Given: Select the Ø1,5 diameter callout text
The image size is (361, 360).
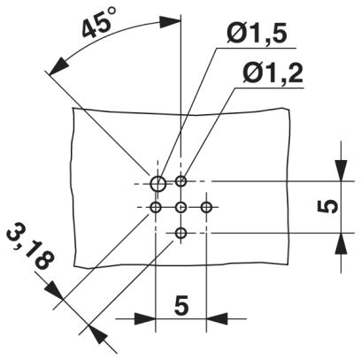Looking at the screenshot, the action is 257,33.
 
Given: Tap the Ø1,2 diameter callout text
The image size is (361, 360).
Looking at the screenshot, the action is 273,73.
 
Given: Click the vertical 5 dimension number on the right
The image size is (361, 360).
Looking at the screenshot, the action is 327,206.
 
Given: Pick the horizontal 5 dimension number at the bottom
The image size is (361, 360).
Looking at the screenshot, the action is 181,306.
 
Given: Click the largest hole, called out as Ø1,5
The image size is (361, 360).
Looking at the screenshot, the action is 158,183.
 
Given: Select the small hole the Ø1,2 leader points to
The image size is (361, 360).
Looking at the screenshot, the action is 180,180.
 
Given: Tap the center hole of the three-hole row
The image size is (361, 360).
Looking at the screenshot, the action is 180,208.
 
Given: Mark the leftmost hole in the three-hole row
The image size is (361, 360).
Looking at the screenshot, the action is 156,208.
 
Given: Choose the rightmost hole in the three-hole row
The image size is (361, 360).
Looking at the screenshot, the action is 206,208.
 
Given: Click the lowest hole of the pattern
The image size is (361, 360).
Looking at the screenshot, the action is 180,234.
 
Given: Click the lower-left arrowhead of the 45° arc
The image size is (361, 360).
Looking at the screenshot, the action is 58,65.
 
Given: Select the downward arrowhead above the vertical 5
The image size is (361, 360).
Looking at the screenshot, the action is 341,170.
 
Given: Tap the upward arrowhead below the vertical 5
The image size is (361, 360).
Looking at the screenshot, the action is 341,243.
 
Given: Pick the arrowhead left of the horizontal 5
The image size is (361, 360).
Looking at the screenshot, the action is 145,318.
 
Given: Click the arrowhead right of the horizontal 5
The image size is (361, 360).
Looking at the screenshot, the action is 217,318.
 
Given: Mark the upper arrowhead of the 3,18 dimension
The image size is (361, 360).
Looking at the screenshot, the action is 55,291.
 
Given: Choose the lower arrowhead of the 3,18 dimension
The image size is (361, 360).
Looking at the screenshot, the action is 97,334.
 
